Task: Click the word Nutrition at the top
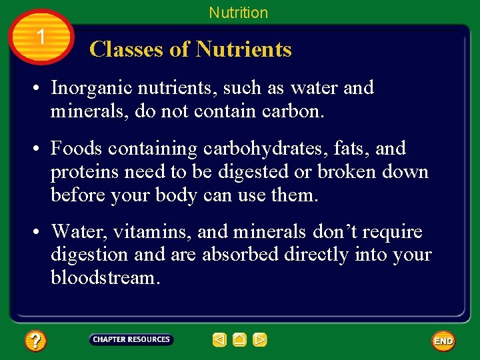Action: tap(238, 13)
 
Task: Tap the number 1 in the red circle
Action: tap(41, 37)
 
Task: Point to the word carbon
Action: tap(295, 111)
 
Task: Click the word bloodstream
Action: tap(104, 277)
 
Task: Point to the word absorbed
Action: tap(241, 255)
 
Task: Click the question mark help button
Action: tap(35, 341)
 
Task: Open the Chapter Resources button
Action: tap(131, 340)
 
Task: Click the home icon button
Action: tap(239, 340)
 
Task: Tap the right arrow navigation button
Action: tap(260, 340)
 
